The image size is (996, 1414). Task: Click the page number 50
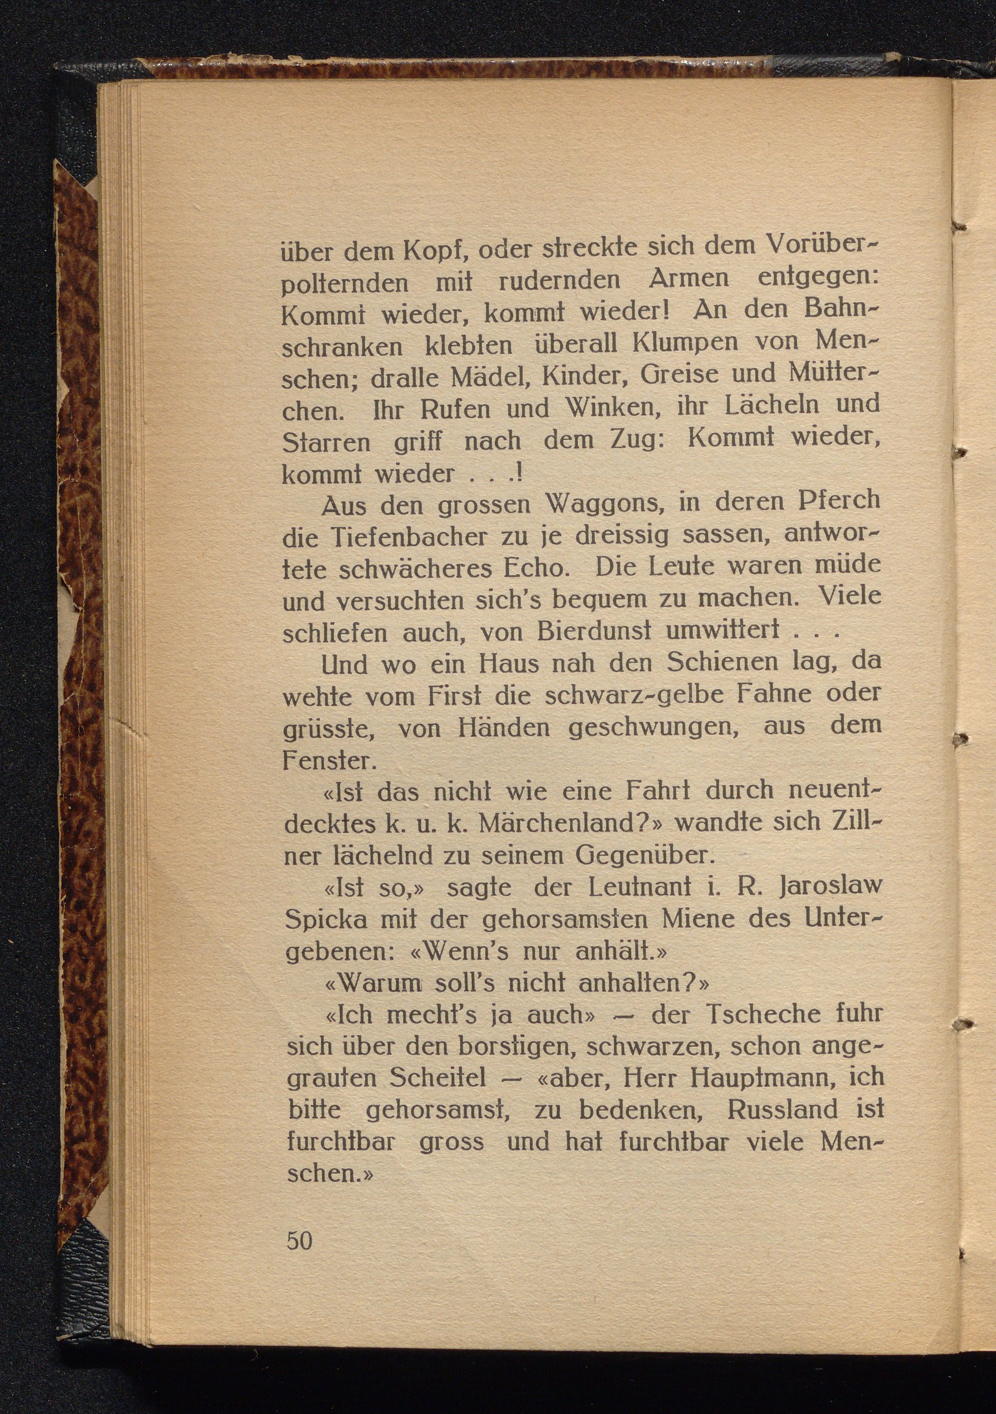[x=300, y=1240]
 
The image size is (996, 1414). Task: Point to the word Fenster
[x=328, y=761]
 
